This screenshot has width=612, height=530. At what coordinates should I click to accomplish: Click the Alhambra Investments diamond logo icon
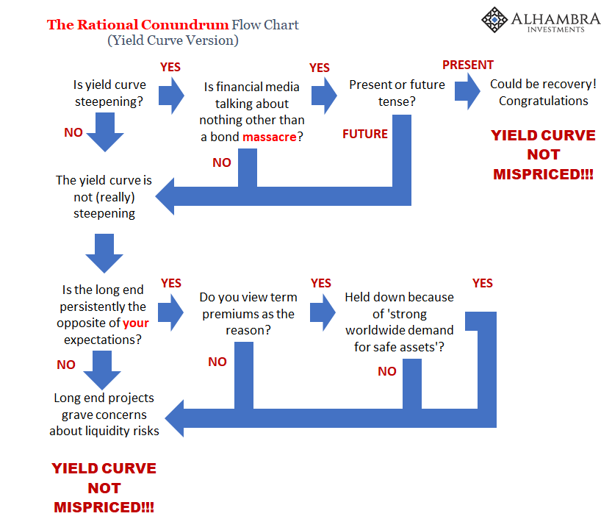(x=494, y=20)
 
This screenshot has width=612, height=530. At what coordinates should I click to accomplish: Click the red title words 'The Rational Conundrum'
(x=138, y=24)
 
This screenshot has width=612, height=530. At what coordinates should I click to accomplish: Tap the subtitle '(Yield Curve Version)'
(x=173, y=40)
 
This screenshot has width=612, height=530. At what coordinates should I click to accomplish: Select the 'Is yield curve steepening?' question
(x=109, y=93)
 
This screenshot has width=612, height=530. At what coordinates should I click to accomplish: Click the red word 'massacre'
(x=270, y=137)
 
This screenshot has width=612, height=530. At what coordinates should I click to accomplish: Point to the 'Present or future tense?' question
(x=397, y=93)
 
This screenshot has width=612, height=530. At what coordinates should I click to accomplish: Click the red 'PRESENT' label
(x=468, y=65)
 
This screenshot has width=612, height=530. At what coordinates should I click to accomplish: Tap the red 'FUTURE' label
(x=365, y=134)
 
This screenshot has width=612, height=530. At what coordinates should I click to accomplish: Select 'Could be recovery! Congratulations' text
(x=544, y=93)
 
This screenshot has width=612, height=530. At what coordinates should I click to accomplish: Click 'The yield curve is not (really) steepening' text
(x=104, y=197)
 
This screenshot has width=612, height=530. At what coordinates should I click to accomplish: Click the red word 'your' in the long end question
(x=135, y=323)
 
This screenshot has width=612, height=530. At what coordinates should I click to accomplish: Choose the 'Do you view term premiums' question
(x=248, y=314)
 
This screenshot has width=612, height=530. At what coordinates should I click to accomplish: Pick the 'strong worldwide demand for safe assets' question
(x=399, y=322)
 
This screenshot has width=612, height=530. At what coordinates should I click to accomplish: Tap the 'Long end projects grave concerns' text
(x=104, y=415)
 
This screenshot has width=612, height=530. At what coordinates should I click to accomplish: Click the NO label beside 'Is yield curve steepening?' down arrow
(x=73, y=133)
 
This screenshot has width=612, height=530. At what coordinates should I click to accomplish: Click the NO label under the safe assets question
(x=387, y=371)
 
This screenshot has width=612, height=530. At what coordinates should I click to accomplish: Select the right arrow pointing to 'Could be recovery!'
(x=467, y=91)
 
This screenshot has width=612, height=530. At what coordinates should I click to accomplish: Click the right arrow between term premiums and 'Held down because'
(x=323, y=312)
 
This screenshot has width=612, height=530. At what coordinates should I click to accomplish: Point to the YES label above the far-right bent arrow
(x=483, y=283)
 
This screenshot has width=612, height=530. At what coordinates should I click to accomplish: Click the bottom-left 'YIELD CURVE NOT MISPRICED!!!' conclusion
(x=104, y=488)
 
